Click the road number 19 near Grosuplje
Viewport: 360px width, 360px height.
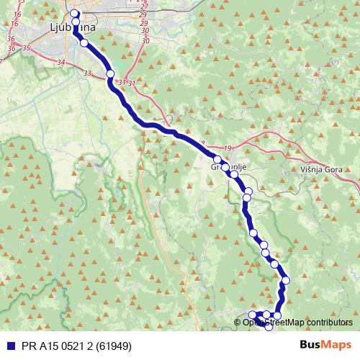[x=228, y=148]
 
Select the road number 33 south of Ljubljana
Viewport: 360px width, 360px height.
[x=87, y=73]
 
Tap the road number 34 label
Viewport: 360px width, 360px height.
[x=60, y=63]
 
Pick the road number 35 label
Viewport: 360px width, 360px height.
[x=26, y=48]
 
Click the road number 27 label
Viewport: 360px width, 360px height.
[x=144, y=6]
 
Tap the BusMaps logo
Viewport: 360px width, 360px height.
[x=325, y=345]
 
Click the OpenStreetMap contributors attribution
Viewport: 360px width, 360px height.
[x=297, y=323]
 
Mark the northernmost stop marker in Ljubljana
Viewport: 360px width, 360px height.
[x=75, y=14]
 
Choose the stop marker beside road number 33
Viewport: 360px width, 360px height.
[x=110, y=73]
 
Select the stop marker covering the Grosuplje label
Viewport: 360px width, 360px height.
[x=225, y=168]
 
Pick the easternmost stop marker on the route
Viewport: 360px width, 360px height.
[x=286, y=280]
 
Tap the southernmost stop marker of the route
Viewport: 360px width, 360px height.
[x=269, y=325]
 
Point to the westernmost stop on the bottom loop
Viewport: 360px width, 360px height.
[x=252, y=315]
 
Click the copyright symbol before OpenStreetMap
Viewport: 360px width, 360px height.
[x=238, y=323]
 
